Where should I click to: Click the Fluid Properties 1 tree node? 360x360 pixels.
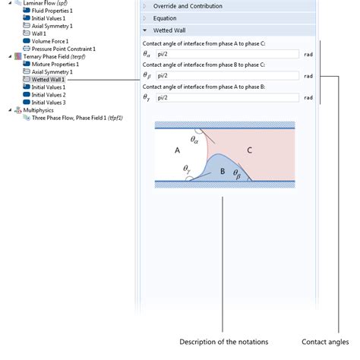pos(52,11)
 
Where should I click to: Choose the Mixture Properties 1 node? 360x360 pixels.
pos(55,64)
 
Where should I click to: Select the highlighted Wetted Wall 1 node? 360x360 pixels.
pos(48,79)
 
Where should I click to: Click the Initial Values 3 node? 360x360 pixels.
pos(49,102)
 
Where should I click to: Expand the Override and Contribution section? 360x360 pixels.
pos(188,6)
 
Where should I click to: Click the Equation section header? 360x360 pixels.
pos(165,18)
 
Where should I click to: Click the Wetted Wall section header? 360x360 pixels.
pos(169,31)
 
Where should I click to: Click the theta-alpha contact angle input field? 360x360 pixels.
pos(226,55)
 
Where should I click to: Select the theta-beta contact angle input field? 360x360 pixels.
pos(226,76)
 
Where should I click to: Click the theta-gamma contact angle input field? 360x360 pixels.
pos(226,97)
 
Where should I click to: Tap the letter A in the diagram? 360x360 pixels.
pos(177,150)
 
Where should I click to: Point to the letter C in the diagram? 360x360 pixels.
pos(249,150)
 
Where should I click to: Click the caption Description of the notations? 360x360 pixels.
pos(223,341)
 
